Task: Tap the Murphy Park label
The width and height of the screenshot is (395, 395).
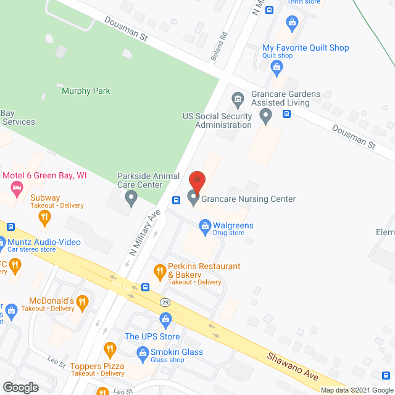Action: tap(86, 91)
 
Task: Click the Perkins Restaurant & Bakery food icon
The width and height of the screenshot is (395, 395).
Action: tap(160, 270)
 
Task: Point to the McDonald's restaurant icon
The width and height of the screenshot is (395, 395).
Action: tap(83, 302)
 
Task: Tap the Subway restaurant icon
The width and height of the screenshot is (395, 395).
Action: tap(44, 216)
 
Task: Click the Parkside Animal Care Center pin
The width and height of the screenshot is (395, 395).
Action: tap(131, 198)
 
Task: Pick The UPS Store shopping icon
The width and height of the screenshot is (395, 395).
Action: tap(165, 318)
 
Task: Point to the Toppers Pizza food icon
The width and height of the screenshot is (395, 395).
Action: tap(110, 349)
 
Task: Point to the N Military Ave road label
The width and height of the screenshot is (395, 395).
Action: tap(144, 232)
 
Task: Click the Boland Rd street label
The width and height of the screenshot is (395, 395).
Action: tap(215, 46)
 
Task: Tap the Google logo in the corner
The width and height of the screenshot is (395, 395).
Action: tap(20, 387)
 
